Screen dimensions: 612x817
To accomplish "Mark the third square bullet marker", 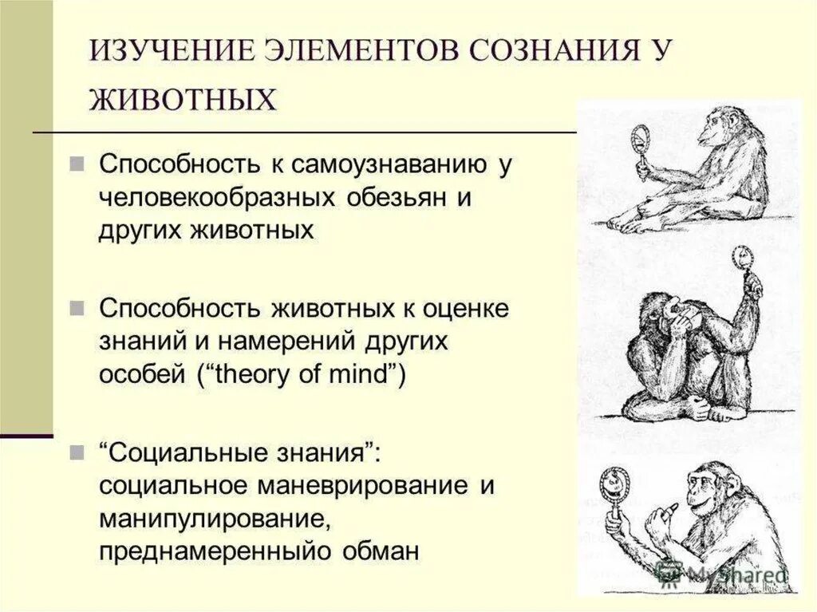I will coord(76,452).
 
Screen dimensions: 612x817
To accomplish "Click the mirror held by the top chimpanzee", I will coord(638,138).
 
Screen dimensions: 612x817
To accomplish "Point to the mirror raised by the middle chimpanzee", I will coord(742,259).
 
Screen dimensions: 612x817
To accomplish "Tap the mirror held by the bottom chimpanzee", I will coord(617,484).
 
